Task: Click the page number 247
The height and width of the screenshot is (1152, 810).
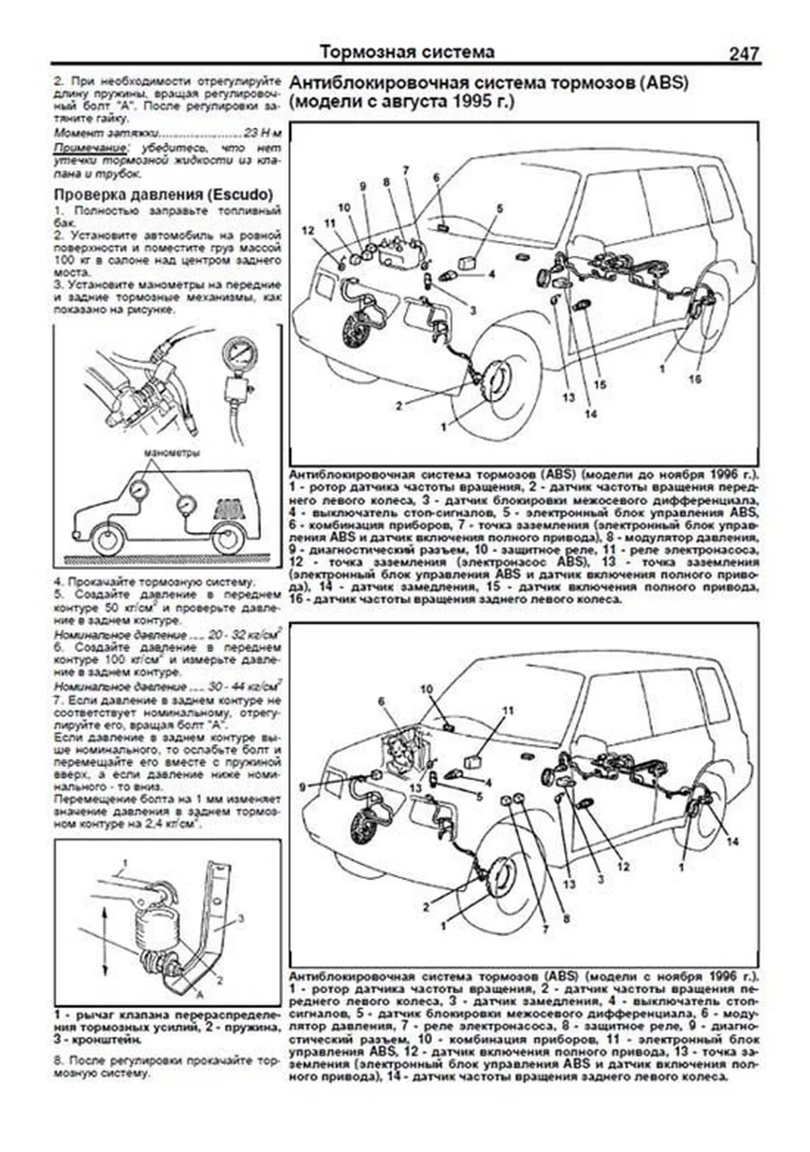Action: (x=743, y=53)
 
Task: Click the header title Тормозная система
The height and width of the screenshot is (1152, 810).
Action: (x=406, y=51)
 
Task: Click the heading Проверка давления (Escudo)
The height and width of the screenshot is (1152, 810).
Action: (x=163, y=194)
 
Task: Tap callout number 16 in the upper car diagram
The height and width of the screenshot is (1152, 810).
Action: (x=695, y=379)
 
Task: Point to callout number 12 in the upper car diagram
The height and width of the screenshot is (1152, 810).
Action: (x=308, y=231)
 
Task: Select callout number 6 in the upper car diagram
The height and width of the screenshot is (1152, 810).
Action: (x=436, y=177)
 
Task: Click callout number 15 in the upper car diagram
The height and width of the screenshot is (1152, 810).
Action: (x=600, y=384)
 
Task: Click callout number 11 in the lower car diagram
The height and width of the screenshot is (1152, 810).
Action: (x=508, y=710)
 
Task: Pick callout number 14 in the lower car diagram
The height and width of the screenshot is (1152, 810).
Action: (x=733, y=842)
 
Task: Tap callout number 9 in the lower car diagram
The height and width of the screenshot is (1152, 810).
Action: (x=302, y=786)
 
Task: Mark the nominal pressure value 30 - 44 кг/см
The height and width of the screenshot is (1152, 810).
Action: (x=244, y=686)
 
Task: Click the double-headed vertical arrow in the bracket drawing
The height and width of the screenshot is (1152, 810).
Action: (x=105, y=941)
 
